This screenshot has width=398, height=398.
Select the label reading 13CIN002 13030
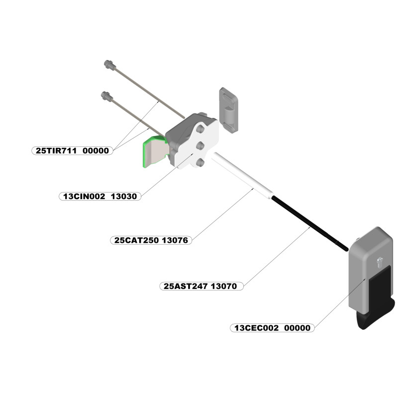point(99,196)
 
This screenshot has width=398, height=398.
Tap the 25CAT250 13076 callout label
point(150,240)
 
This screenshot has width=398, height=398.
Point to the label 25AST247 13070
point(203,286)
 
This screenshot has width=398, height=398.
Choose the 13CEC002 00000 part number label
point(273,328)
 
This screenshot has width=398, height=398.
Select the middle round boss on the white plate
point(200,146)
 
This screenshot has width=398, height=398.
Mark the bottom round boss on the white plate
point(199,162)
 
